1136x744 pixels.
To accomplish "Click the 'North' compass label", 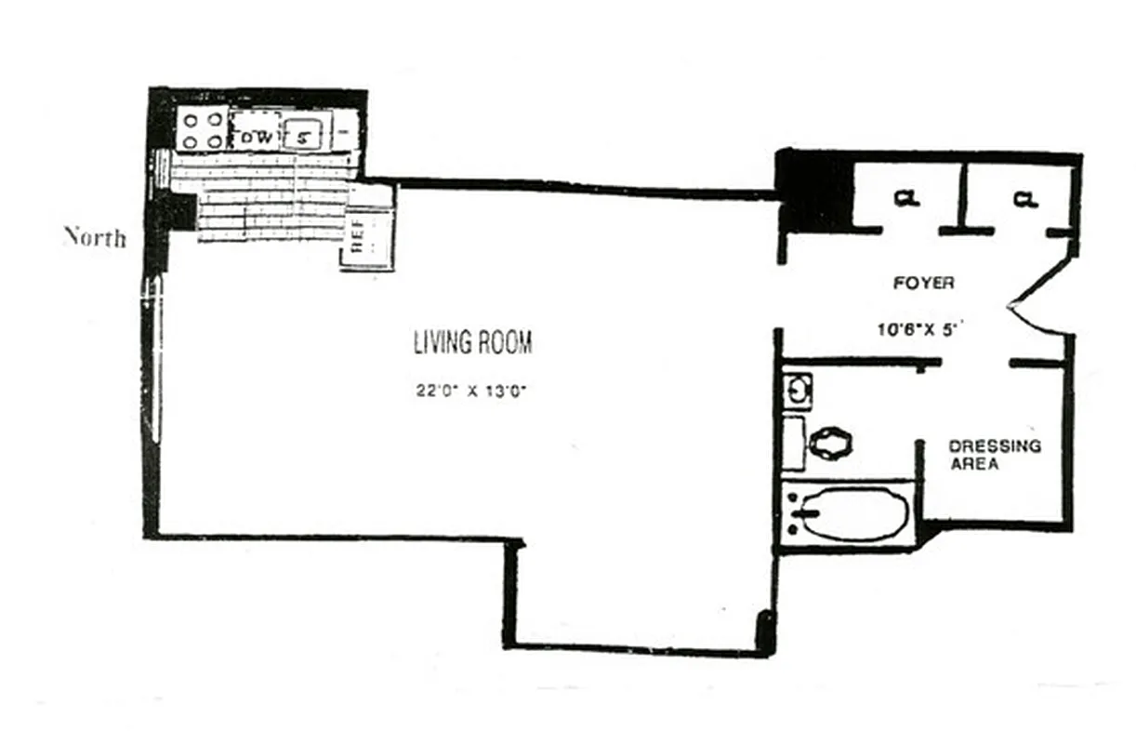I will click(95, 237).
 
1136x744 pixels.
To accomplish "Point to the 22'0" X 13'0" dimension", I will click(472, 392).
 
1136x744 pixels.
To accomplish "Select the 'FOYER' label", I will click(923, 283).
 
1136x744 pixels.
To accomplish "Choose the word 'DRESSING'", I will click(995, 446).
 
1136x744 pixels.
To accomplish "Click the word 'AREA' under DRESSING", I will click(974, 463).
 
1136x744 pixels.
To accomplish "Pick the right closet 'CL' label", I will click(1025, 198).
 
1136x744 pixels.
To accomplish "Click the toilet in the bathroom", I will click(829, 443).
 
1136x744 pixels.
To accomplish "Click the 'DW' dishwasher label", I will click(254, 137).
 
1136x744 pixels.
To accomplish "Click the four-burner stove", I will click(202, 130).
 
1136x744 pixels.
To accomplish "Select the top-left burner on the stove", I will click(190, 119).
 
